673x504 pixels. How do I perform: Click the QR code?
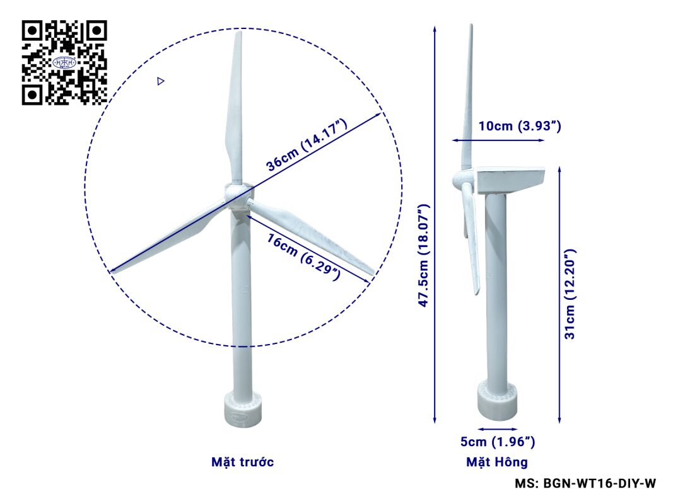(64, 62)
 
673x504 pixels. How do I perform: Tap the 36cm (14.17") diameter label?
(307, 145)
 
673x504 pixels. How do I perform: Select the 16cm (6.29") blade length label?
(303, 257)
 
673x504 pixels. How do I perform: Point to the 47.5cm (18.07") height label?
(424, 255)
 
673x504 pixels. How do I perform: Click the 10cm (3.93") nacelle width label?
(520, 126)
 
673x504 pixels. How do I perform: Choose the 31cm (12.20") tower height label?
(570, 294)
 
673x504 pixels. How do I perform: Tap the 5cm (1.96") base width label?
(498, 442)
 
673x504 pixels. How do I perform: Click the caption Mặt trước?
(242, 462)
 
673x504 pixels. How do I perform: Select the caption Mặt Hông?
(497, 462)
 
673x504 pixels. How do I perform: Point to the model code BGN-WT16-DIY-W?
(600, 483)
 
